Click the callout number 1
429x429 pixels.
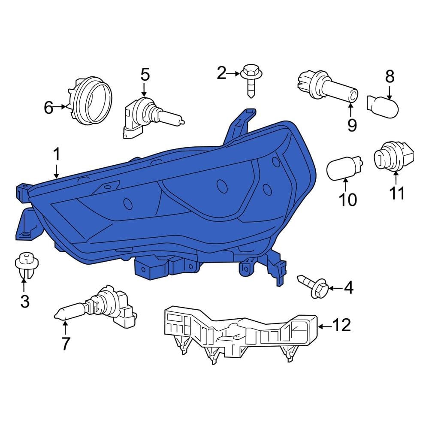tap(56, 154)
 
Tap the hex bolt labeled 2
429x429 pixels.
tap(251, 81)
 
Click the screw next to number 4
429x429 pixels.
tap(314, 287)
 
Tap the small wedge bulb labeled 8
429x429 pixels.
tap(383, 107)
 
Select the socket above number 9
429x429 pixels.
tap(327, 87)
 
